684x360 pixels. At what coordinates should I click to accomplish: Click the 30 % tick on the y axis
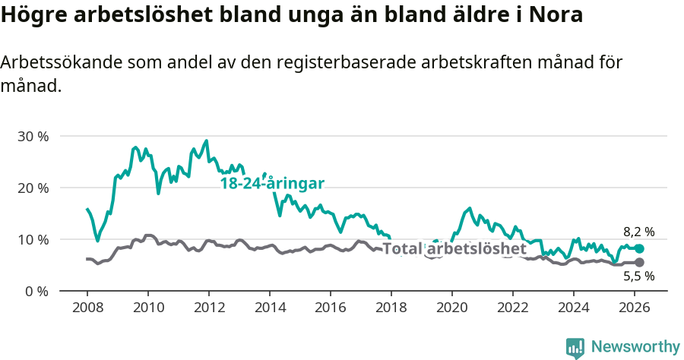coord(33,137)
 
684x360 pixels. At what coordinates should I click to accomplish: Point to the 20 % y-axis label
coord(33,188)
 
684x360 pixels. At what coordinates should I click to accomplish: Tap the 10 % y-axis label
coord(33,240)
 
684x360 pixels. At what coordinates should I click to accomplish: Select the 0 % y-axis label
coord(36,292)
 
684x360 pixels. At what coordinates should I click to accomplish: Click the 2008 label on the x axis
coord(87,308)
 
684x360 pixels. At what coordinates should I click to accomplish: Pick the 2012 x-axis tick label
coord(209,308)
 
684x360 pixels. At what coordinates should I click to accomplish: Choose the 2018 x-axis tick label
coord(391,308)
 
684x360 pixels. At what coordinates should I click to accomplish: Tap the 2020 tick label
coord(452,308)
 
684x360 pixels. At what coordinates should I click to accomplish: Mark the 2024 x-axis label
coord(574,308)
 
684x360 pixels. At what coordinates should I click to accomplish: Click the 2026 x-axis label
coord(635,308)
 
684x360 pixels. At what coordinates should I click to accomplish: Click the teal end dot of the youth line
coord(640,248)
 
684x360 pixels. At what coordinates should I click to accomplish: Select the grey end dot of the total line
coord(640,262)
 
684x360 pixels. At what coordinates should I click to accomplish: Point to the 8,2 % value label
coord(638,232)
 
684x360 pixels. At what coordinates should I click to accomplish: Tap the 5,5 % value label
coord(638,276)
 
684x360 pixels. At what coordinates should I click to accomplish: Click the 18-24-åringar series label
coord(273,184)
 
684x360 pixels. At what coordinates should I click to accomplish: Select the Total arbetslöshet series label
coord(454,249)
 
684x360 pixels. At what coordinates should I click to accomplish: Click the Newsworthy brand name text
coord(635,347)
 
